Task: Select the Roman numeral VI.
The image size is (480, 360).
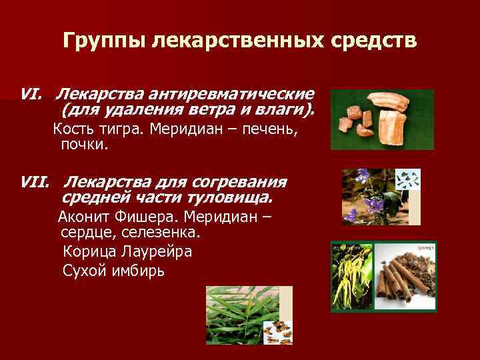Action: point(32,94)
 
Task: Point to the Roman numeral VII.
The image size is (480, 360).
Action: point(35,182)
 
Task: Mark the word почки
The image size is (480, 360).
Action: point(83,144)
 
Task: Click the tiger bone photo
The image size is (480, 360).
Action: point(382,119)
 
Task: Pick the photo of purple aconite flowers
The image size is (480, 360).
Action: point(365,197)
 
